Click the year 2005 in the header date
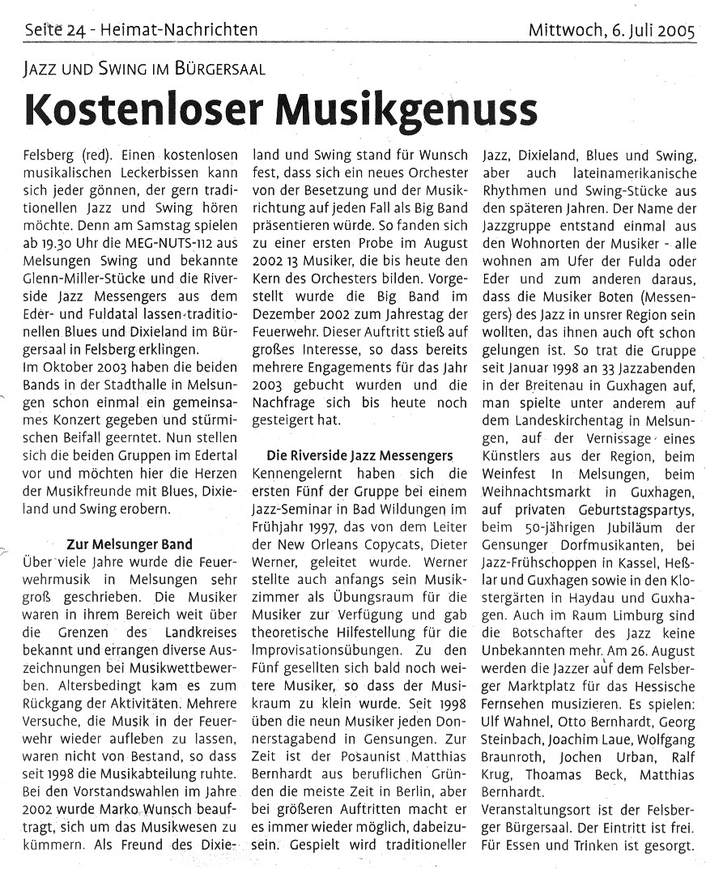coord(676,31)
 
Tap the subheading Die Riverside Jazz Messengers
coord(359,456)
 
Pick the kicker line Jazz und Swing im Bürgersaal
coord(144,69)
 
